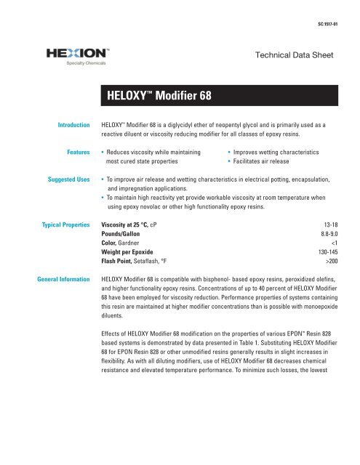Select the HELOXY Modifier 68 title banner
tap(219, 94)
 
